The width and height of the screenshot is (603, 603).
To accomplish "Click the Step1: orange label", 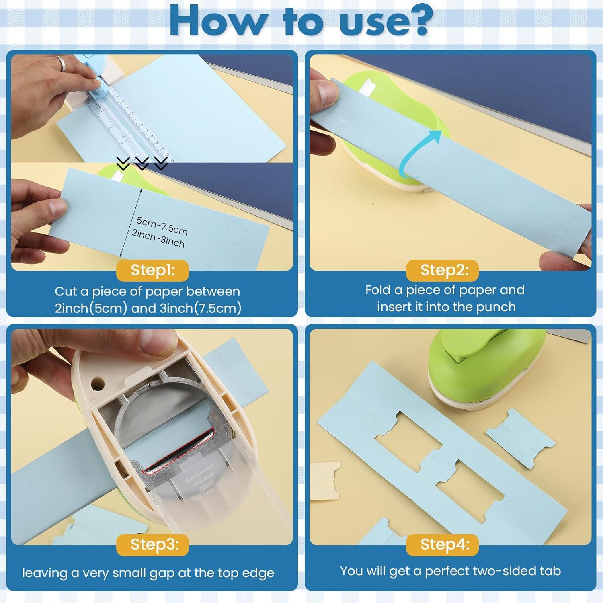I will coord(152,270).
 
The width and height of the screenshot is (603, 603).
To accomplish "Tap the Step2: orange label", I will coord(444,270).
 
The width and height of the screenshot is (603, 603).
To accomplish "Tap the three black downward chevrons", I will coord(142,163).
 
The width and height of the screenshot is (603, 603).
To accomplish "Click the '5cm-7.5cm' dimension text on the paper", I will coord(162,226).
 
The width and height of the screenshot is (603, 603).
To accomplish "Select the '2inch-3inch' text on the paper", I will coord(158,239).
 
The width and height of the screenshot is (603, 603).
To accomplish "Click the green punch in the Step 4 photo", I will coord(482,370).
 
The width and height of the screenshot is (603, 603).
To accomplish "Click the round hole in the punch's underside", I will coord(97,383).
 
